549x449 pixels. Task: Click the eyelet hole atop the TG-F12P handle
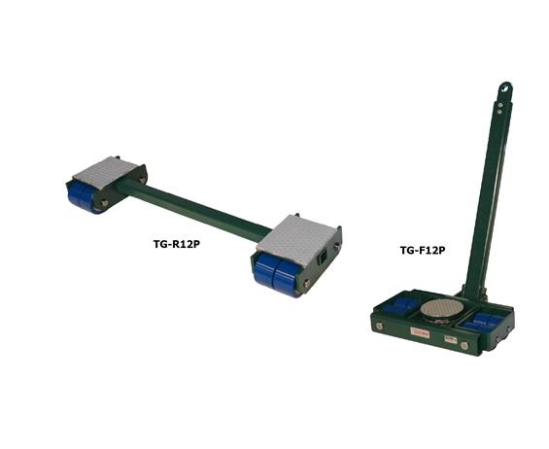[507, 90]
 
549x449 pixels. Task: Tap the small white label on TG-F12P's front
[451, 339]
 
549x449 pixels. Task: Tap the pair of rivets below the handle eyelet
[503, 108]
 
